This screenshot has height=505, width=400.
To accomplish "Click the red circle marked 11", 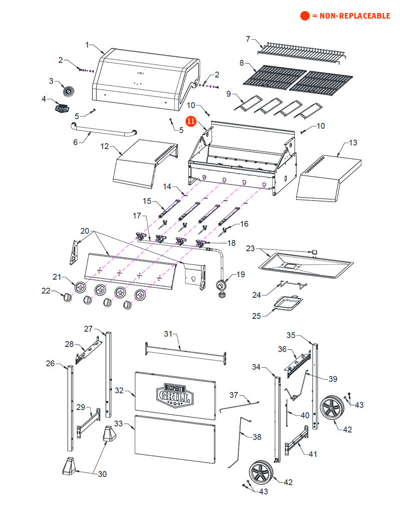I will tap(190, 121).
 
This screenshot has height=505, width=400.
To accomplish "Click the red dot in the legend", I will tap(305, 16).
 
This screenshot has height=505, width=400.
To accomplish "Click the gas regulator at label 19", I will tap(221, 287).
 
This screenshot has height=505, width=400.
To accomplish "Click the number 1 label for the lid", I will tap(87, 45).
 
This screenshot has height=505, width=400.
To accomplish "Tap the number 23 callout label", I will tap(251, 248).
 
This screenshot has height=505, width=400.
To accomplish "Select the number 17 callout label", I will tap(137, 216).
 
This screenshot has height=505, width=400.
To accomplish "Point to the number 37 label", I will tap(234, 395).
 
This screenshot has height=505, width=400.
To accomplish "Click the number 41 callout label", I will tap(313, 454).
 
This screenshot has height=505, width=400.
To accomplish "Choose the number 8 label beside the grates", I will tap(242, 63).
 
